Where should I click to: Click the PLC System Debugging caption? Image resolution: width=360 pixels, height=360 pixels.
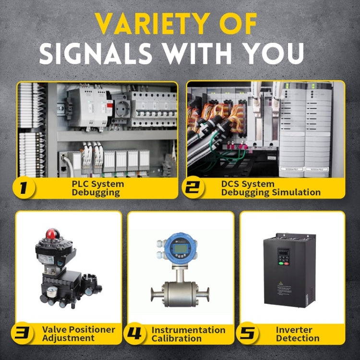(x=97, y=188)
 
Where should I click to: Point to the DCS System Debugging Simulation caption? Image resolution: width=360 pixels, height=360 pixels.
(x=270, y=188)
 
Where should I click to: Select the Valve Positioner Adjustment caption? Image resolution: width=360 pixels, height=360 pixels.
(x=78, y=334)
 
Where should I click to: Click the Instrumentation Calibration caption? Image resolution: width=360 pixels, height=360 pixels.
(x=188, y=334)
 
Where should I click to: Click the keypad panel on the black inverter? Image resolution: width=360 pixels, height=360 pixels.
(x=284, y=257)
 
